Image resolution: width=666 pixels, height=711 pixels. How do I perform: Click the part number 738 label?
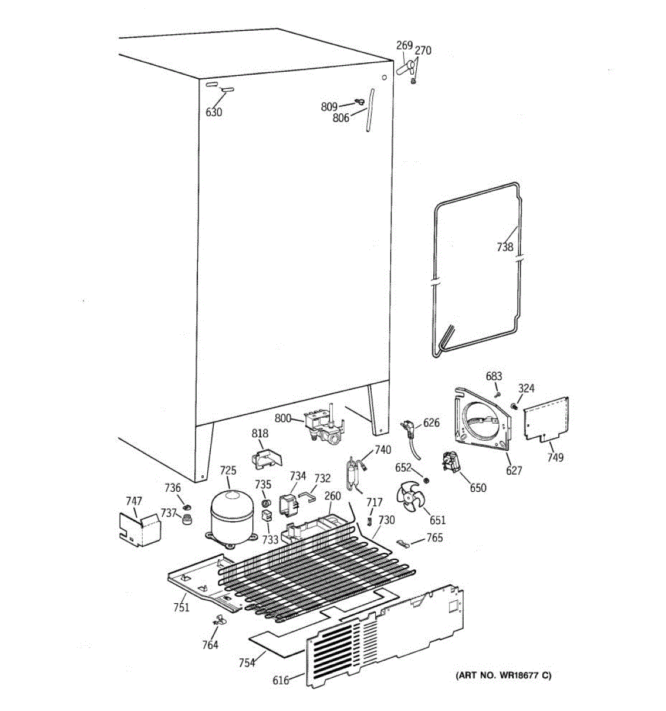coord(504,248)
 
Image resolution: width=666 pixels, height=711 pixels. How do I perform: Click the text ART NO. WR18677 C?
coord(503,675)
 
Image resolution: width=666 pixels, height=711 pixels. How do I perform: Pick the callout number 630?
coord(214,112)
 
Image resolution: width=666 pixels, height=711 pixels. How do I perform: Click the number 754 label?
coord(246,662)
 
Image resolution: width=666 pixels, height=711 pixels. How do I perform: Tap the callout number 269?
coord(404,46)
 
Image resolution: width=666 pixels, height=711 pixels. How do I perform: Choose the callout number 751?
coord(181,607)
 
